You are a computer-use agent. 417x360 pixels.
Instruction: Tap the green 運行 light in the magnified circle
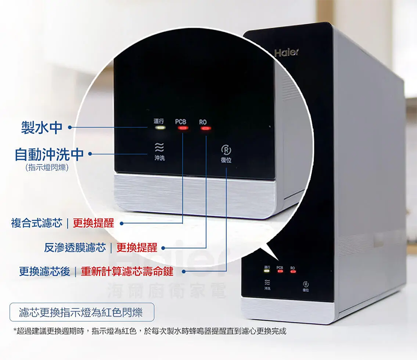160,128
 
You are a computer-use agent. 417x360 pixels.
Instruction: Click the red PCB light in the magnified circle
182,128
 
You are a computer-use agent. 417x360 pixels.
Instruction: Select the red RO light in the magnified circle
204,128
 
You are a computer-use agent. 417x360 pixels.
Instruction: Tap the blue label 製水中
41,127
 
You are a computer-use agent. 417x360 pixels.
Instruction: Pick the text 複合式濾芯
36,224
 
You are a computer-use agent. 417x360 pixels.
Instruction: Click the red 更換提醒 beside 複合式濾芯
93,224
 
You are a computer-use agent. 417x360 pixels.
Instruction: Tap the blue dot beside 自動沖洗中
90,154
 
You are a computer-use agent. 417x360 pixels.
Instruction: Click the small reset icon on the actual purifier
305,284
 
